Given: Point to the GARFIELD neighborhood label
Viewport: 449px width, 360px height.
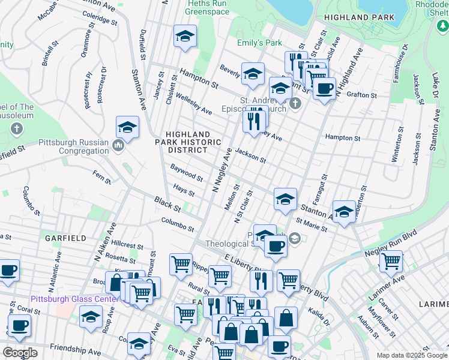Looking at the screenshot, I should pos(65,238).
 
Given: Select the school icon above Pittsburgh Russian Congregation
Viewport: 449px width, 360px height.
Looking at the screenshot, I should pos(127,127).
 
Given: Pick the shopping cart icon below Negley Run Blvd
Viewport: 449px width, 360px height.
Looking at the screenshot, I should pos(391,260).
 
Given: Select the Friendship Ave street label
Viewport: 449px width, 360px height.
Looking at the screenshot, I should pos(75,349).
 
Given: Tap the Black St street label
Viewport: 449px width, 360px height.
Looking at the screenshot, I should pos(167,204).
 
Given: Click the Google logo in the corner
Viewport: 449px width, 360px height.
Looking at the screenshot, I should pos(20,352).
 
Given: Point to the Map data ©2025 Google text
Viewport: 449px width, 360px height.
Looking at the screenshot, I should pos(411,355).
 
